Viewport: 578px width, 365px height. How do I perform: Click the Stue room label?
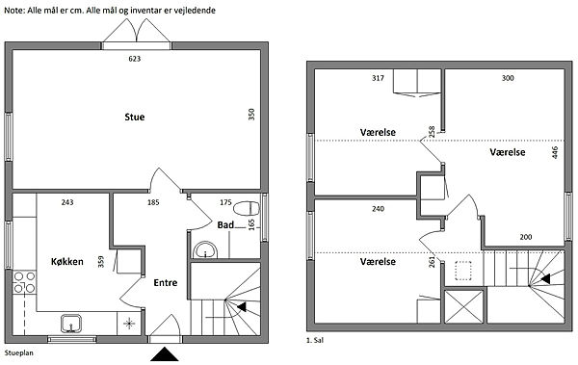click(x=135, y=117)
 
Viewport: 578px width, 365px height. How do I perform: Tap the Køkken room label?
click(x=67, y=262)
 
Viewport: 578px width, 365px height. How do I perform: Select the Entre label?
click(x=166, y=283)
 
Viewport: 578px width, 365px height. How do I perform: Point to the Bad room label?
click(x=225, y=225)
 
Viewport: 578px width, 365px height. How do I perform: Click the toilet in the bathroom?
click(x=247, y=208)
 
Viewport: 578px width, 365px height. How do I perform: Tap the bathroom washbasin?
click(x=205, y=250)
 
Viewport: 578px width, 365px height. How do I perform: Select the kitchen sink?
click(x=71, y=324)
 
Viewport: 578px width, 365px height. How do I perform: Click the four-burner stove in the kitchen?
click(x=24, y=282)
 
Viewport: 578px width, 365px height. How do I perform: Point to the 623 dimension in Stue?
click(x=135, y=59)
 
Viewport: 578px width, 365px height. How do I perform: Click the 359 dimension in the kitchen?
click(x=101, y=262)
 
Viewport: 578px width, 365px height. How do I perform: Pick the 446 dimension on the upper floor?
click(x=555, y=152)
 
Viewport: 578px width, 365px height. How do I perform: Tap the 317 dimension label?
click(x=378, y=78)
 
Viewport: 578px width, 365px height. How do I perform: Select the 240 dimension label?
click(x=378, y=209)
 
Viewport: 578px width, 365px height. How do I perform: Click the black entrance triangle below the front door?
click(x=165, y=354)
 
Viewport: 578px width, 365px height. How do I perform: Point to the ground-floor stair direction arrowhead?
click(x=242, y=307)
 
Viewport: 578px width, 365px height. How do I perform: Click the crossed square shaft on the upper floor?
click(x=464, y=307)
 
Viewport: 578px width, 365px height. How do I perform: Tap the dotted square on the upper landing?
click(x=463, y=271)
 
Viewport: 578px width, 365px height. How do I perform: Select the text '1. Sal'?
click(x=315, y=340)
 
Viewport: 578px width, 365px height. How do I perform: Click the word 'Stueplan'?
click(x=19, y=352)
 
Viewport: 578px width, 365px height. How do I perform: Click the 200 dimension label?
click(x=526, y=237)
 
